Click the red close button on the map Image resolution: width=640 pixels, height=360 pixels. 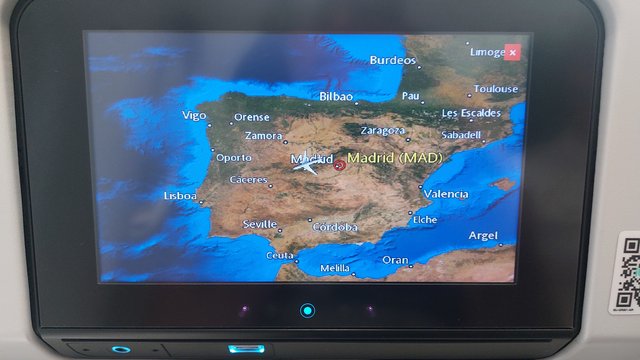tap(512, 52)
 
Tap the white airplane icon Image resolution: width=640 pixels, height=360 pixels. tap(306, 165)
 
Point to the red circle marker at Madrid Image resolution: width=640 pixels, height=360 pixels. tap(339, 165)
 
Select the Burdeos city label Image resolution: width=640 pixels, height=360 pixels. tap(392, 60)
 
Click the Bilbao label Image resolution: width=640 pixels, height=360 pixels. tap(336, 97)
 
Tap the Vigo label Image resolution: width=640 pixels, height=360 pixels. tap(194, 115)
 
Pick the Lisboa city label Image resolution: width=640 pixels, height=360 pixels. tap(180, 196)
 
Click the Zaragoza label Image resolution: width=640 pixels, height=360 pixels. tap(382, 130)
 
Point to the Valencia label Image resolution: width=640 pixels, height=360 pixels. tap(445, 193)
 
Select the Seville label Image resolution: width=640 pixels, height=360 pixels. tap(259, 224)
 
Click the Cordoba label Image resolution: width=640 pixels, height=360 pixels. tap(335, 227)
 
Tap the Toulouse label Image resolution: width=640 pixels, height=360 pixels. tap(495, 89)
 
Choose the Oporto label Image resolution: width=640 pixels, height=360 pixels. tap(234, 157)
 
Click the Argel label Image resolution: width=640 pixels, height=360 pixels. tap(483, 235)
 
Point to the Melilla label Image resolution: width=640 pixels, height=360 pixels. tap(335, 268)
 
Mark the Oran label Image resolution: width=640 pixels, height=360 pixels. tap(395, 260)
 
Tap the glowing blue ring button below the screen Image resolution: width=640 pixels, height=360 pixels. tap(307, 310)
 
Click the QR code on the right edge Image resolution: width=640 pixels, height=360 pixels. tap(628, 272)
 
